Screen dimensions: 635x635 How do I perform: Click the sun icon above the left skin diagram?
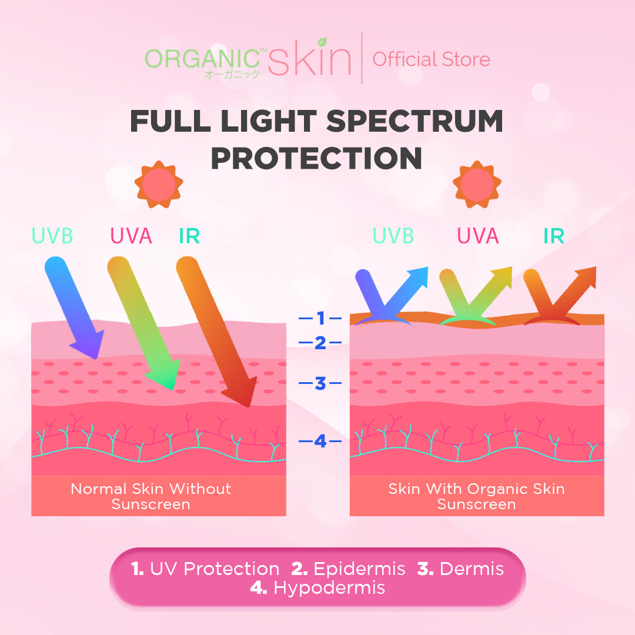[159, 185]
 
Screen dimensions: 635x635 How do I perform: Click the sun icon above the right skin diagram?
[477, 185]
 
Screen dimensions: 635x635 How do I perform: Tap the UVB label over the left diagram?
[52, 236]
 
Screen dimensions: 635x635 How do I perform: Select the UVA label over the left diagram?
[131, 236]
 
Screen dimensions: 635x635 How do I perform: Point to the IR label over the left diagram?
[189, 236]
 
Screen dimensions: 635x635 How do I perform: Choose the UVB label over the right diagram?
[393, 236]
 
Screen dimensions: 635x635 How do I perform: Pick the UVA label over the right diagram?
[478, 236]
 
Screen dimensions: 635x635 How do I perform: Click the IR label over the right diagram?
[554, 236]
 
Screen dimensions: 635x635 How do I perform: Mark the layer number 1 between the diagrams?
[320, 319]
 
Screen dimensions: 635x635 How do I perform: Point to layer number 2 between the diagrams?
[320, 343]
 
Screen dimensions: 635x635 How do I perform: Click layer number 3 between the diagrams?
[320, 384]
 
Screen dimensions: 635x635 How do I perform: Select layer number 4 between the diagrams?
[320, 440]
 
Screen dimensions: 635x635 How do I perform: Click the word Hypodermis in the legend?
[329, 587]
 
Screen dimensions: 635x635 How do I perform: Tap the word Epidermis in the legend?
[359, 569]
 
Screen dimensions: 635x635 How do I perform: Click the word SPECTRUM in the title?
[415, 122]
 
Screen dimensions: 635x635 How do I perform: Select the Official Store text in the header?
[431, 59]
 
